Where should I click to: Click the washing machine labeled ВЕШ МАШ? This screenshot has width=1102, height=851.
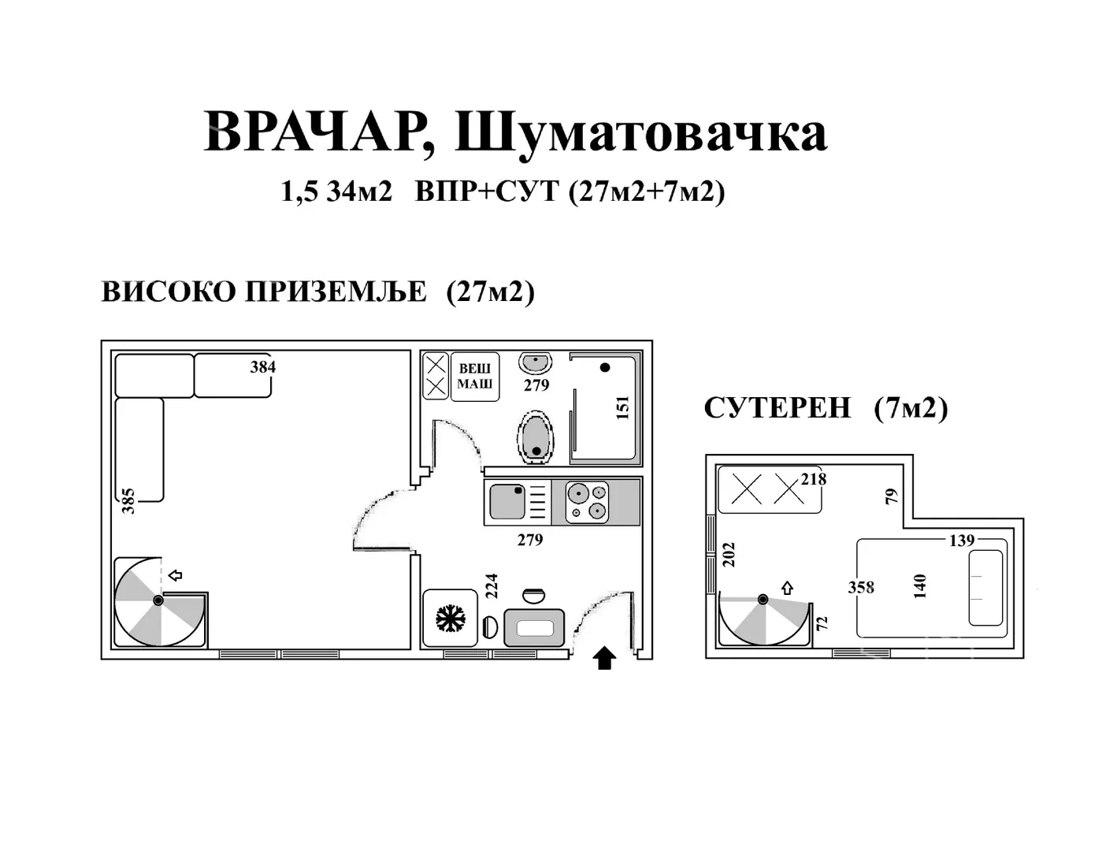pos(475,377)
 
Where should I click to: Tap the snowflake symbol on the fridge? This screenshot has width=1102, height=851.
pos(450,618)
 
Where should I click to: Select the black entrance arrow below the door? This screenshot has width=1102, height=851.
pos(604,658)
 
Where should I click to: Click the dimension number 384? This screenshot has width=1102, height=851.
pos(263,366)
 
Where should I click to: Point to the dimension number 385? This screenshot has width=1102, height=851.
pos(129,501)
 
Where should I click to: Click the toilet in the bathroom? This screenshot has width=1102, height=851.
pos(536,437)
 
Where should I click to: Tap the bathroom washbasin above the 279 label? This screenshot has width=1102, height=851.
pos(536,363)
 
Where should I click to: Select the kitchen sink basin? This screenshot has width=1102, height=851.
pos(507,502)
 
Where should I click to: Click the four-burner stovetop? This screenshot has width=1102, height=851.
pos(588,502)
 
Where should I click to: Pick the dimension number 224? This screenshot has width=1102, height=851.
pos(492,585)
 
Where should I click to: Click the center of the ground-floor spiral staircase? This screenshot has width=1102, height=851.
pos(158,600)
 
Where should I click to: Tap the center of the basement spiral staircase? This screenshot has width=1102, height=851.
pos(762,600)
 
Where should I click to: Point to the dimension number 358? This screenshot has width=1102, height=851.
pos(861,588)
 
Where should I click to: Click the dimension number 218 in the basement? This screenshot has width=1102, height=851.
pos(814,479)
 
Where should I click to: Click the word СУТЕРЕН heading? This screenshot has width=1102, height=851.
pos(777,408)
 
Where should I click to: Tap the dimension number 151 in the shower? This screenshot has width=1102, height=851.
pos(623,407)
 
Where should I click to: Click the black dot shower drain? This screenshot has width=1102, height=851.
pos(605,367)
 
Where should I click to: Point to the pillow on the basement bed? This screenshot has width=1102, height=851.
pos(985,588)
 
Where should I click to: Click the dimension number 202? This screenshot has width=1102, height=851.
pos(729,554)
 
